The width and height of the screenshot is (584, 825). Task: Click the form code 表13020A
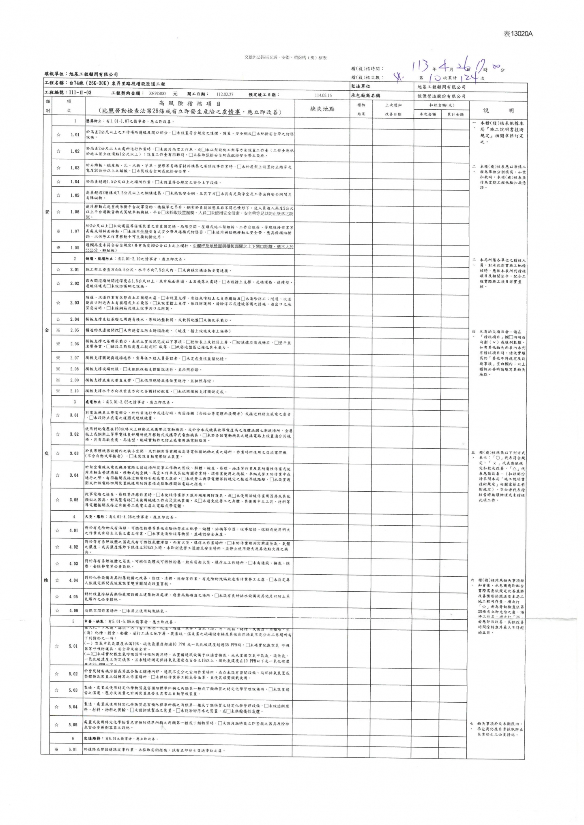[518, 34]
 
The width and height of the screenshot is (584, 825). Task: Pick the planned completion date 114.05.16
[323, 96]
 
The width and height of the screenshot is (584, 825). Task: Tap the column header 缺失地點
[322, 109]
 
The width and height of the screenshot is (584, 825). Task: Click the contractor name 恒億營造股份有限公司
[441, 96]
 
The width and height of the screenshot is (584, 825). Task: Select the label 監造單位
[361, 86]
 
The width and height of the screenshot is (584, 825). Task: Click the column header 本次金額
[427, 115]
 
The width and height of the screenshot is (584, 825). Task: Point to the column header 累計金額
[455, 115]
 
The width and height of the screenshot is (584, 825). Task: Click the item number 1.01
[75, 134]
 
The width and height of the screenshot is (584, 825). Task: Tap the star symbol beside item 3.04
[58, 475]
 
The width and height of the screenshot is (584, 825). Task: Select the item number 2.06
[74, 344]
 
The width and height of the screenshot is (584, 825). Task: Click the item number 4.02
[73, 547]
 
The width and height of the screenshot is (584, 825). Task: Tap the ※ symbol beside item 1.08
[58, 247]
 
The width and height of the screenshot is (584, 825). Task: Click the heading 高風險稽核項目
[190, 104]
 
